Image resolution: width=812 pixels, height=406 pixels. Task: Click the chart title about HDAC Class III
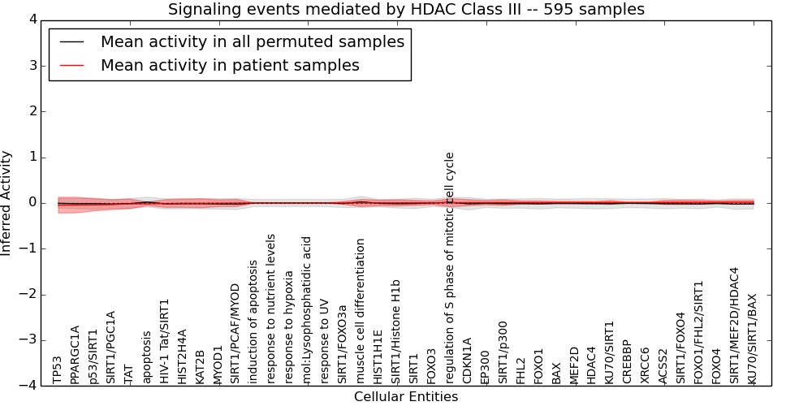[x=406, y=10]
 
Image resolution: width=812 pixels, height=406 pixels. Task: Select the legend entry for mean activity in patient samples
[x=230, y=66]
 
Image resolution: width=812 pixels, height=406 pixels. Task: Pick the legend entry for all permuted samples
[x=253, y=42]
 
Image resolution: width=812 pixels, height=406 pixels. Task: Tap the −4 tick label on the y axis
[x=28, y=386]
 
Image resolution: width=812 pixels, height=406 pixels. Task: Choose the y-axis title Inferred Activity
[x=7, y=203]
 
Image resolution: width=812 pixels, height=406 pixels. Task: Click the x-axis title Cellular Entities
[x=406, y=397]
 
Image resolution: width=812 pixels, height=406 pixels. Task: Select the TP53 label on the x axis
[x=57, y=369]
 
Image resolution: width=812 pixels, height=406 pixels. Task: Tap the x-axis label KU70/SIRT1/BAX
[x=752, y=339]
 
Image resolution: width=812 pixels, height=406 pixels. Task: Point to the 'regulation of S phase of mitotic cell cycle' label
[x=450, y=268]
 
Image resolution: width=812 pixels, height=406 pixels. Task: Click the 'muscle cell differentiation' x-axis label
[x=361, y=311]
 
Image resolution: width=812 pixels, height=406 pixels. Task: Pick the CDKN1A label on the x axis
[x=467, y=361]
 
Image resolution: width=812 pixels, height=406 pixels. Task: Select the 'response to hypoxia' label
[x=289, y=322]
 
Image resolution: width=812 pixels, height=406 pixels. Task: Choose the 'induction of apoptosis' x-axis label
[x=253, y=322]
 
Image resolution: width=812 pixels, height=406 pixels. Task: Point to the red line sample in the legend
[x=72, y=66]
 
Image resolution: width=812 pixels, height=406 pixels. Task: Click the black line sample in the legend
[x=72, y=42]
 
